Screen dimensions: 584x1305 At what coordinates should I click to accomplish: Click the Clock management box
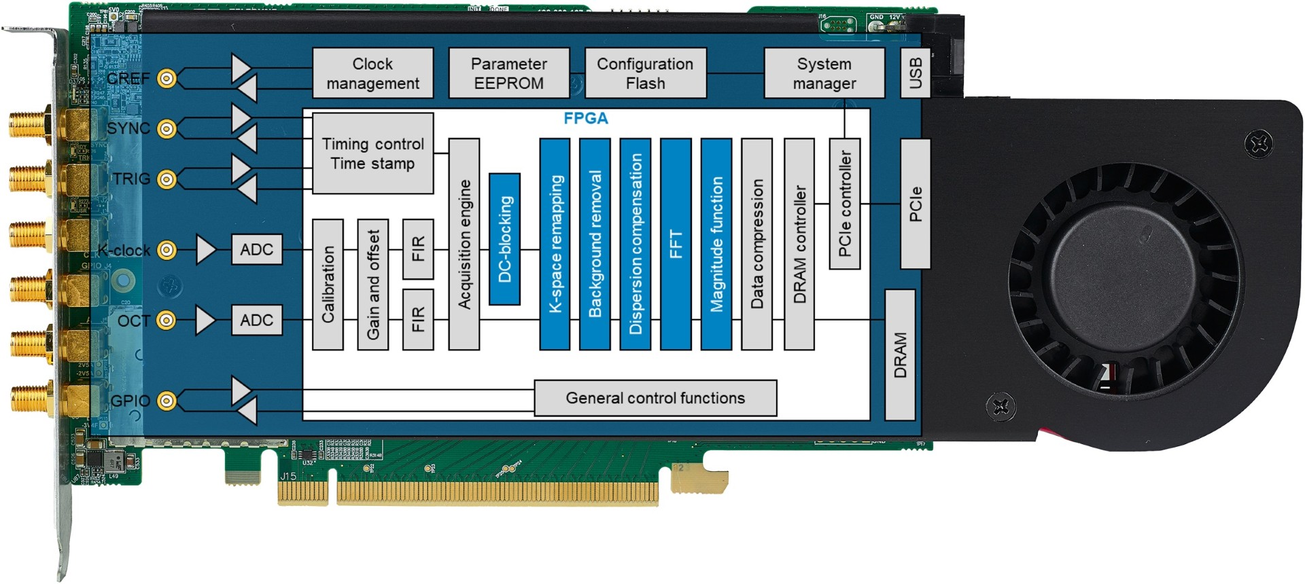[372, 73]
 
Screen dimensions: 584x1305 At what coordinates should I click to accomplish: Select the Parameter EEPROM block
[508, 73]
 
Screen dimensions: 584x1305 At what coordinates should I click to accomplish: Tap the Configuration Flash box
[645, 73]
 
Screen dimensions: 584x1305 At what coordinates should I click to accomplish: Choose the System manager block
[824, 73]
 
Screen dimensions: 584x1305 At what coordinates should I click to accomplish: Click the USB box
[915, 73]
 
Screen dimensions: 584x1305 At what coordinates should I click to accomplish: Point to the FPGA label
[585, 119]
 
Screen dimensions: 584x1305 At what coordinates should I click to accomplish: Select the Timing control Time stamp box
[372, 153]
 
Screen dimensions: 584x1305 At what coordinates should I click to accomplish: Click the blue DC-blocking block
[504, 239]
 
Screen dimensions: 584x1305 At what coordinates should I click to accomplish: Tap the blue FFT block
[676, 244]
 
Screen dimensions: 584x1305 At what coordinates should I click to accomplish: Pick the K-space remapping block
[555, 244]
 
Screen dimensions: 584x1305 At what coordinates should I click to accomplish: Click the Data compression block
[756, 244]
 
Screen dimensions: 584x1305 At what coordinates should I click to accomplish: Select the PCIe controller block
[845, 204]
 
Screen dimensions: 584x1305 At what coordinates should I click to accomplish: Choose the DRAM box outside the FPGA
[900, 355]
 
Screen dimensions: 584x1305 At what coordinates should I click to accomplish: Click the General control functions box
[655, 398]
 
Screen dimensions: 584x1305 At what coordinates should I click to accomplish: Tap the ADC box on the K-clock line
[256, 250]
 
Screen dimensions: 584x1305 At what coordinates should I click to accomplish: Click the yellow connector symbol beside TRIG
[167, 179]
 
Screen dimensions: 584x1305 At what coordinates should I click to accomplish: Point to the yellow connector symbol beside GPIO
[167, 401]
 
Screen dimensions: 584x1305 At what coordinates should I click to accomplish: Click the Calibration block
[328, 285]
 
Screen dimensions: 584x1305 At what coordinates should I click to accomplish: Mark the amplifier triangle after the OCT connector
[204, 321]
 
